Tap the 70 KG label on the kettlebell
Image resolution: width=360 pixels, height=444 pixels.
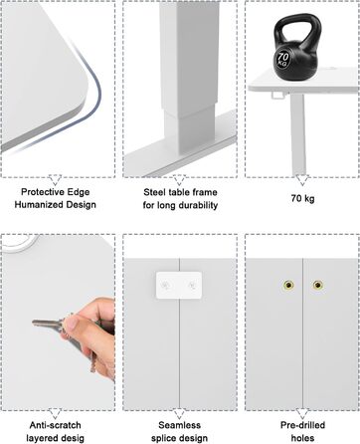(282, 59)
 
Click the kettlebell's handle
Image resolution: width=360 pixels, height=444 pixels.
(296, 27)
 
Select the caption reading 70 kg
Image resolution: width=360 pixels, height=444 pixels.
(302, 198)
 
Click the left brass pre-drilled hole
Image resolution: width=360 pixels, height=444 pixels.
(288, 285)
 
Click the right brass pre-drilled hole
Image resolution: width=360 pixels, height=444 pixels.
(317, 285)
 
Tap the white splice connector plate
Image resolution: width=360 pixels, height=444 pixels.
(179, 285)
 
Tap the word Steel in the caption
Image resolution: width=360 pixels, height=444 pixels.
(155, 192)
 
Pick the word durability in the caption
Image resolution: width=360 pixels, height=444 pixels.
(197, 205)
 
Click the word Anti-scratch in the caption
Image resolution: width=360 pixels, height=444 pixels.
(55, 425)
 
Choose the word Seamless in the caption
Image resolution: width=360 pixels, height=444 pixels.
(180, 425)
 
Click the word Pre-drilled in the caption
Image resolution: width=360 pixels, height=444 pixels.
(302, 425)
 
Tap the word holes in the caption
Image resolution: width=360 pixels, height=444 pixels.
(302, 438)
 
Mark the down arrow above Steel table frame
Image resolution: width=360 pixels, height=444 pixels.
(179, 180)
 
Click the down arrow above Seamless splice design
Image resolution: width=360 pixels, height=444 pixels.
(179, 413)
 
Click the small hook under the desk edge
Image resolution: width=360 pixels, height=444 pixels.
(278, 95)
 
